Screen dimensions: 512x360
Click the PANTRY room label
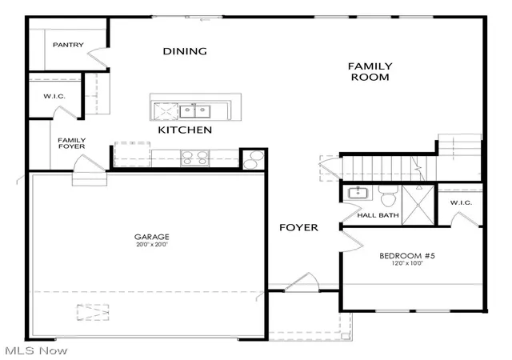pos(68,45)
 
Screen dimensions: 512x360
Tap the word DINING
pos(185,51)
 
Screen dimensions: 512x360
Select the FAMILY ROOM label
pos(370,71)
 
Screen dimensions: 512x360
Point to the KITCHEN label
pos(185,130)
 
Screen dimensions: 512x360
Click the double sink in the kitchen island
pos(195,111)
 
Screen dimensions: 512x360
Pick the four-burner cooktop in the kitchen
pos(195,158)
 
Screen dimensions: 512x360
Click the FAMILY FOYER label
pos(72,143)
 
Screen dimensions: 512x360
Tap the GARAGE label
pos(152,237)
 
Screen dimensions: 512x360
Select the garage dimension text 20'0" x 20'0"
pos(152,244)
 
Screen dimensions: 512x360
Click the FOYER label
pos(298,227)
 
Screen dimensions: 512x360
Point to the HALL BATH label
pos(378,215)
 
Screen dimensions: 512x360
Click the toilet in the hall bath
pos(388,196)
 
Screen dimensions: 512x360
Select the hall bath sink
pos(358,193)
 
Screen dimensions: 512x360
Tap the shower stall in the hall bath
pos(418,205)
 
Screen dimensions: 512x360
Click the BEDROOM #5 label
pos(407,255)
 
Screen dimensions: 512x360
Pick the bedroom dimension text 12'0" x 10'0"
pos(407,263)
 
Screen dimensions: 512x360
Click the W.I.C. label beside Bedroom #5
pos(461,203)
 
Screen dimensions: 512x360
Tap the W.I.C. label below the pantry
pos(54,96)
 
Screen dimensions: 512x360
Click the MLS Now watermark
pos(36,351)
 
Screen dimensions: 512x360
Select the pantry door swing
pos(97,59)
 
